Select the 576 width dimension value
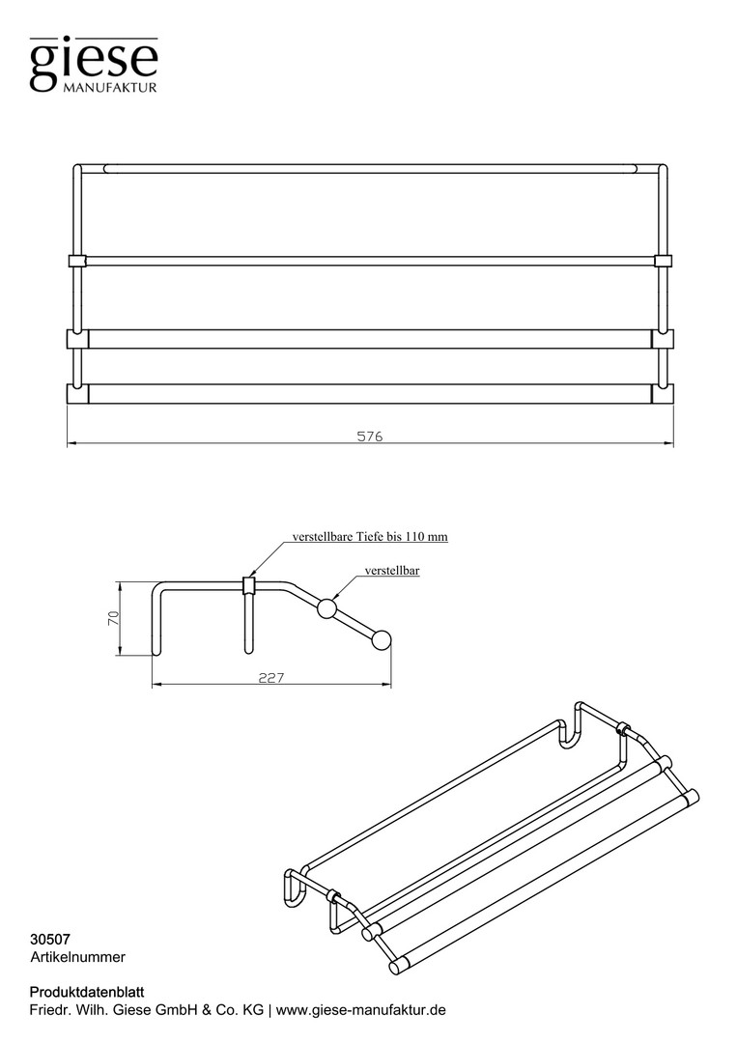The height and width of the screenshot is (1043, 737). coord(370,437)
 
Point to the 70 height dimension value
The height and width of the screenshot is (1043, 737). coord(113,618)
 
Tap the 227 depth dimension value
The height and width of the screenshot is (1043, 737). coord(271,677)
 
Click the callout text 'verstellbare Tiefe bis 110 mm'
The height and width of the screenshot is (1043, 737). coord(370,536)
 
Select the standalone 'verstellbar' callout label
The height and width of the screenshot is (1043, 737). coord(392,570)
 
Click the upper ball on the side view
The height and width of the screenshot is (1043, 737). coord(326,608)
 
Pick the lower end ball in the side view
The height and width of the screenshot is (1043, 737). coord(382,640)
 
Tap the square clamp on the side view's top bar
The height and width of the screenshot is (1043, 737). coord(249,584)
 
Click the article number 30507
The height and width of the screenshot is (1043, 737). coord(50,940)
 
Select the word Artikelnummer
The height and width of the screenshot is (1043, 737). coord(78,957)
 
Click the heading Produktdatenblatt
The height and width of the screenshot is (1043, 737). coord(87,993)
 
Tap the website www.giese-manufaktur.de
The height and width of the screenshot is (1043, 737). coord(360,1010)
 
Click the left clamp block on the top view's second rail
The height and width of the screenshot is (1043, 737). coord(77,261)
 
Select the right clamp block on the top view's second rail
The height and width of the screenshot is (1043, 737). coord(664,260)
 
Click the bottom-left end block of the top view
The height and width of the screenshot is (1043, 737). coord(77,393)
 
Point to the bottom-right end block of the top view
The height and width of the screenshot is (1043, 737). coord(663,393)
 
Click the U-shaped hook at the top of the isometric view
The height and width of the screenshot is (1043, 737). coord(570,726)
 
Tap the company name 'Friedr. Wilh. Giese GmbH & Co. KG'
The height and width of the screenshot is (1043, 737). coord(147,1010)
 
